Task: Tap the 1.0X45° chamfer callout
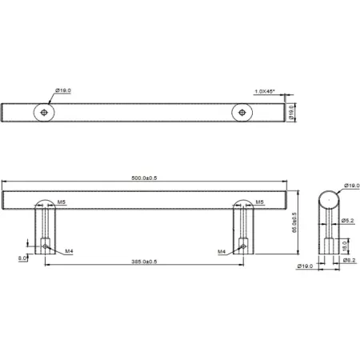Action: click(x=265, y=91)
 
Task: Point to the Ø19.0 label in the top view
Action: click(x=63, y=91)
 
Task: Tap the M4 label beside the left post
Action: click(x=70, y=251)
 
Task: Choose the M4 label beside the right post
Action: click(x=222, y=251)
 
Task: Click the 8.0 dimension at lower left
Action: click(x=22, y=258)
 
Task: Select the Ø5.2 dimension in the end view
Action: click(x=347, y=221)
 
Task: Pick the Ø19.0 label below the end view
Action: click(x=303, y=265)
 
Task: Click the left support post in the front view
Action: click(x=46, y=232)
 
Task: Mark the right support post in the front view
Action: click(x=242, y=232)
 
